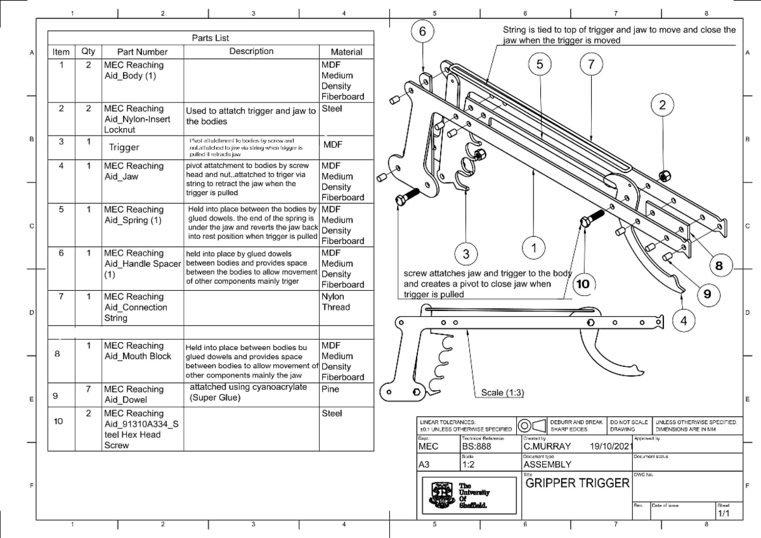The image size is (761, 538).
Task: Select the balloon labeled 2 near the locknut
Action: click(662, 106)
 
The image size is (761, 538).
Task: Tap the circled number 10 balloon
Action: click(582, 285)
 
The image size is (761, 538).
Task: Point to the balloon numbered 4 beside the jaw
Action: click(684, 321)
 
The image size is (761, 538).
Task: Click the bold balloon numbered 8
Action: click(719, 266)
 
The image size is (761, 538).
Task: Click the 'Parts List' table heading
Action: click(211, 38)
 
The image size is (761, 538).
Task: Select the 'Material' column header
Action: click(346, 52)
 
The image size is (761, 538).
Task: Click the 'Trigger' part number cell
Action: click(124, 148)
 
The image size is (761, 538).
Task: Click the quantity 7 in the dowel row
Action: click(89, 389)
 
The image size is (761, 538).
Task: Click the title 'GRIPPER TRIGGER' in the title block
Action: click(577, 484)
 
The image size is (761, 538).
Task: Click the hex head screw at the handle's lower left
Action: click(403, 200)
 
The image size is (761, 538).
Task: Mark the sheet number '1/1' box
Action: click(724, 514)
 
